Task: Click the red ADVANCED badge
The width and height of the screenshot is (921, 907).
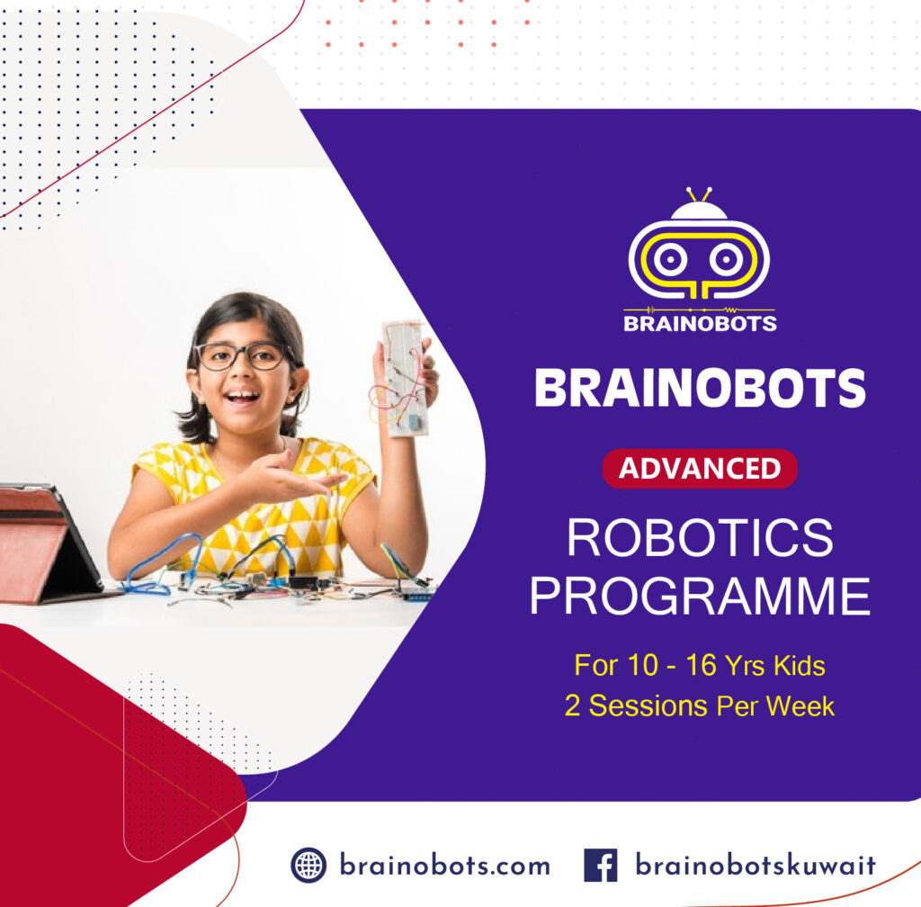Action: point(700,468)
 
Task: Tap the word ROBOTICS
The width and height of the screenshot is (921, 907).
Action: point(700,537)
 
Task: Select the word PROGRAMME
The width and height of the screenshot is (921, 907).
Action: point(700,596)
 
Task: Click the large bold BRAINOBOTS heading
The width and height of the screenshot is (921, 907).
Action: point(700,388)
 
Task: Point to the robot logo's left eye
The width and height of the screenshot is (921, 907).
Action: point(667,258)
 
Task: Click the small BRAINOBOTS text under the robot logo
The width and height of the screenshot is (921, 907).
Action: point(700,324)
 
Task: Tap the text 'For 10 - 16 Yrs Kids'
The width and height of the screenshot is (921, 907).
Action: point(700,666)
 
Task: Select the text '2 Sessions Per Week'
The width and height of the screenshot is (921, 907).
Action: point(700,705)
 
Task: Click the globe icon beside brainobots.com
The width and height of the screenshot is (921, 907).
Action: point(308,866)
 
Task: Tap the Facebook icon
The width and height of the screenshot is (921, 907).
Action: point(600,866)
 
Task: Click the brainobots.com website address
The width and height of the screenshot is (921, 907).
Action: point(444,866)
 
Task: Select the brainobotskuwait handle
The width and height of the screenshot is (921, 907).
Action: point(756,866)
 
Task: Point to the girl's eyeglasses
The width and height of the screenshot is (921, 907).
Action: point(241,356)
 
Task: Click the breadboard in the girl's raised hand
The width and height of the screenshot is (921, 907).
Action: point(406,380)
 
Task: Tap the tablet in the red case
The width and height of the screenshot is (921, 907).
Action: point(47,543)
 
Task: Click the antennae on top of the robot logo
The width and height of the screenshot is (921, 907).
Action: point(699,194)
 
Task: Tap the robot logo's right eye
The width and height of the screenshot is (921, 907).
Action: point(726,258)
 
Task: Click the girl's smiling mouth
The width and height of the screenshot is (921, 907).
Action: point(242,397)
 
